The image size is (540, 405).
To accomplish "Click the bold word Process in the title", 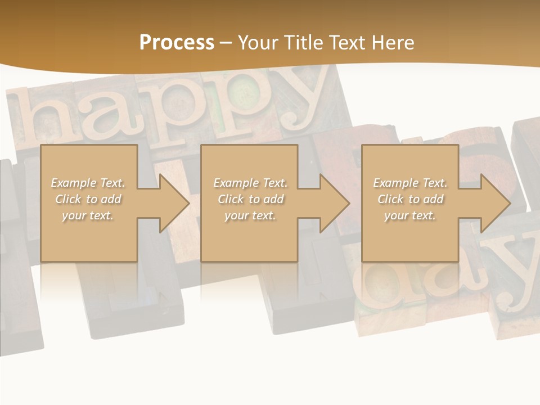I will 177,43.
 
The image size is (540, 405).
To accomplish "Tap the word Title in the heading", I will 304,43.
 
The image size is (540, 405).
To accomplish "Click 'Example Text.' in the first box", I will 88,183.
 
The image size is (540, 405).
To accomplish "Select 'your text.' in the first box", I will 88,215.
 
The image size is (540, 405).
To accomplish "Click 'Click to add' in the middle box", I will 250,199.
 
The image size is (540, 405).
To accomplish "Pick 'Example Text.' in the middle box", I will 250,183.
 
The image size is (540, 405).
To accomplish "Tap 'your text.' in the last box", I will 410,215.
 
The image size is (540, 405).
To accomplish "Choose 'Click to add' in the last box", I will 410,199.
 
